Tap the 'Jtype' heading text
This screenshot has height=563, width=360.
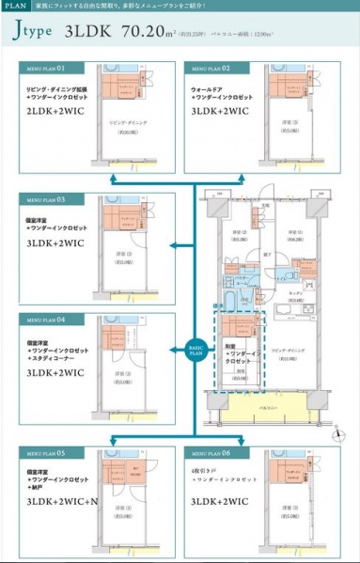click(x=35, y=35)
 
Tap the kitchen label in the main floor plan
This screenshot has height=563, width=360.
click(x=294, y=292)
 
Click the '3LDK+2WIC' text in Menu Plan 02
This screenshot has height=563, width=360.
click(x=220, y=110)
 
